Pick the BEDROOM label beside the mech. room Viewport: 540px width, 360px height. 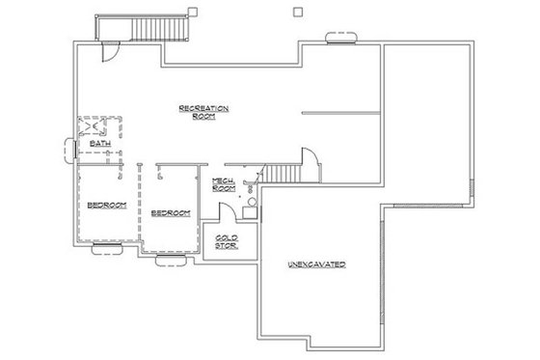pyautogui.click(x=170, y=211)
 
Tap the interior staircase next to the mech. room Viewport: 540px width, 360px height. pyautogui.click(x=283, y=174)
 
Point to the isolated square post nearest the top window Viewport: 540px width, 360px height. pyautogui.click(x=297, y=13)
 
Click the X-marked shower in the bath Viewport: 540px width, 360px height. pyautogui.click(x=94, y=126)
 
